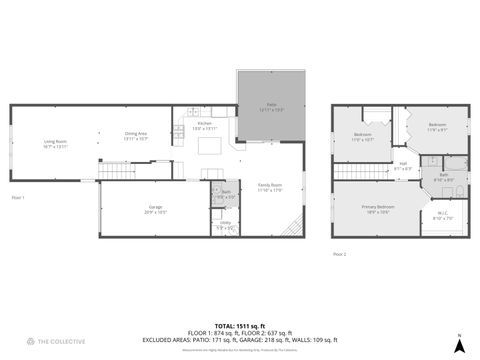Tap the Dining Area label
(x=136, y=136)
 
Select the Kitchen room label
(x=203, y=126)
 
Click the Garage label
(x=154, y=211)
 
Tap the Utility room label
(x=226, y=226)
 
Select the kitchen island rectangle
(x=211, y=148)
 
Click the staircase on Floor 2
(x=356, y=171)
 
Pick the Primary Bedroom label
(x=378, y=209)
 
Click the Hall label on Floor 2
(x=402, y=166)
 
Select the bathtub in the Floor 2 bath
(x=455, y=167)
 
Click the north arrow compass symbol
(x=458, y=343)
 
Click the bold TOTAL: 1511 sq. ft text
(x=240, y=325)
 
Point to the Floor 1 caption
(x=17, y=197)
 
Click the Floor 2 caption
(x=339, y=254)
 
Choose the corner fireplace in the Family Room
(x=293, y=229)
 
